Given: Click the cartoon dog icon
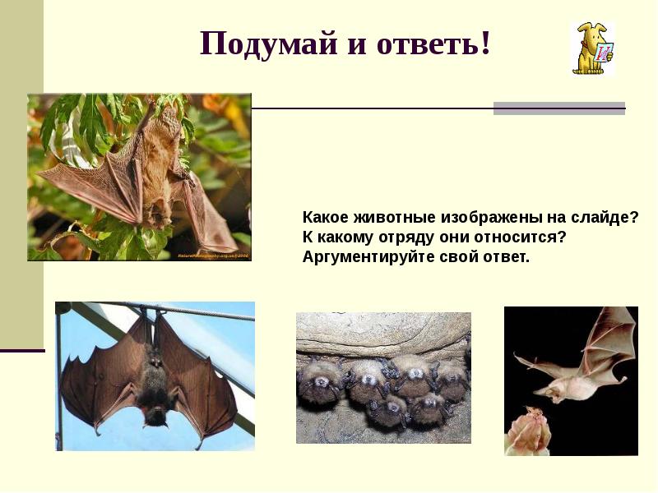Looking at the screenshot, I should pyautogui.click(x=591, y=49).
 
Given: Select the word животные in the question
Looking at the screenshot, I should pyautogui.click(x=393, y=219).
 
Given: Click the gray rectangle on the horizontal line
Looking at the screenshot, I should pyautogui.click(x=558, y=108).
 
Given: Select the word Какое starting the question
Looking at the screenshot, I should pyautogui.click(x=326, y=219).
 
